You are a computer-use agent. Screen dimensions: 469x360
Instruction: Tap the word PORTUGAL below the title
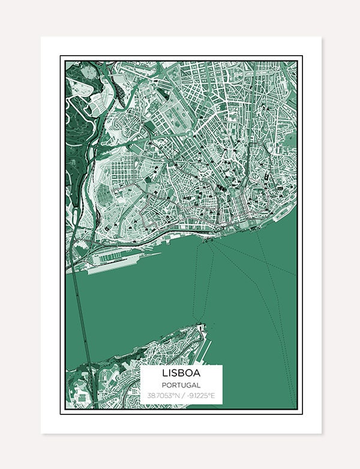[181, 386]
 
